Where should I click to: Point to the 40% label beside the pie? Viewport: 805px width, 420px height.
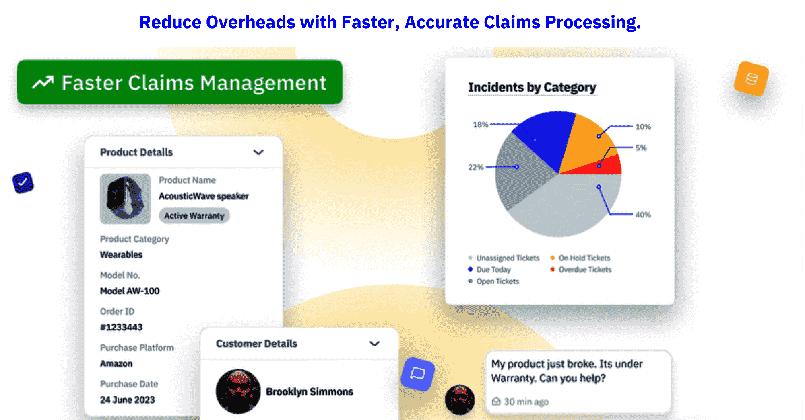click(643, 215)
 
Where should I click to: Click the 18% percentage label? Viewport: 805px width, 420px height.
click(480, 125)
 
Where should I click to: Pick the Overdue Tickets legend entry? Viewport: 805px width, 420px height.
click(581, 270)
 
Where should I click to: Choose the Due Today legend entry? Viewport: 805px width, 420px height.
click(489, 270)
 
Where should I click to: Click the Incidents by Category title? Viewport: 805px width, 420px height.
click(532, 87)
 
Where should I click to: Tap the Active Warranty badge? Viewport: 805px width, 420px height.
click(194, 216)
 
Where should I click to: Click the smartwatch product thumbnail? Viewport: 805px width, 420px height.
click(125, 199)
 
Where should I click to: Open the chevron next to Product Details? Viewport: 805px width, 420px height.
click(258, 152)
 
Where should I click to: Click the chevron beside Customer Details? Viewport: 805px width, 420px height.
click(375, 344)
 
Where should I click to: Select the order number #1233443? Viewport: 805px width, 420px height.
click(121, 327)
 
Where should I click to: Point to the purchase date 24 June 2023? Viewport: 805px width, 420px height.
click(128, 400)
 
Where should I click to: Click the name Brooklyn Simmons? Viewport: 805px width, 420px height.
click(310, 392)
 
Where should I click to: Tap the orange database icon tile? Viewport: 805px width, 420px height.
click(751, 79)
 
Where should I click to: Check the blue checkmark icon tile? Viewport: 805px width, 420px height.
click(23, 183)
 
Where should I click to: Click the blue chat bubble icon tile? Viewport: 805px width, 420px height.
click(418, 374)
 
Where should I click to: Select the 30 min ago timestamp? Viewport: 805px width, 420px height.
click(526, 402)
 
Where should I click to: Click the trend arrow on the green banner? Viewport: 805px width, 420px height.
click(43, 82)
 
